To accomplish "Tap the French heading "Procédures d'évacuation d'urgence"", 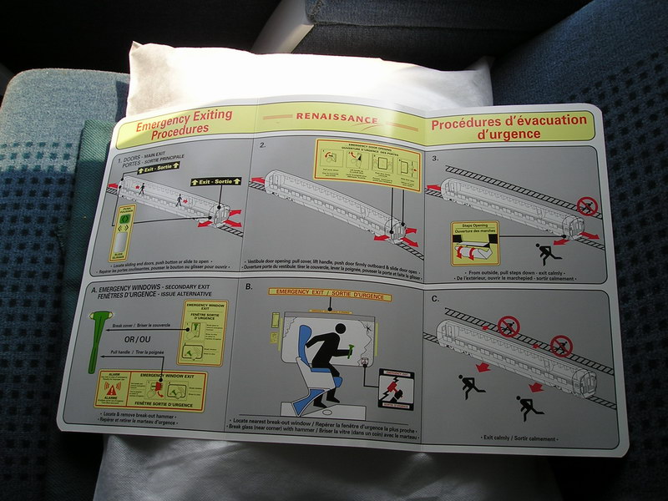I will [x=509, y=125].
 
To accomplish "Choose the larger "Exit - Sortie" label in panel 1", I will [x=215, y=181].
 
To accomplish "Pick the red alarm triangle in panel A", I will [x=110, y=388].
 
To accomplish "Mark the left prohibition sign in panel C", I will [x=508, y=324].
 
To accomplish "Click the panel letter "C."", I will [x=434, y=299].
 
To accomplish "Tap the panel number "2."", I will [x=263, y=146].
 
